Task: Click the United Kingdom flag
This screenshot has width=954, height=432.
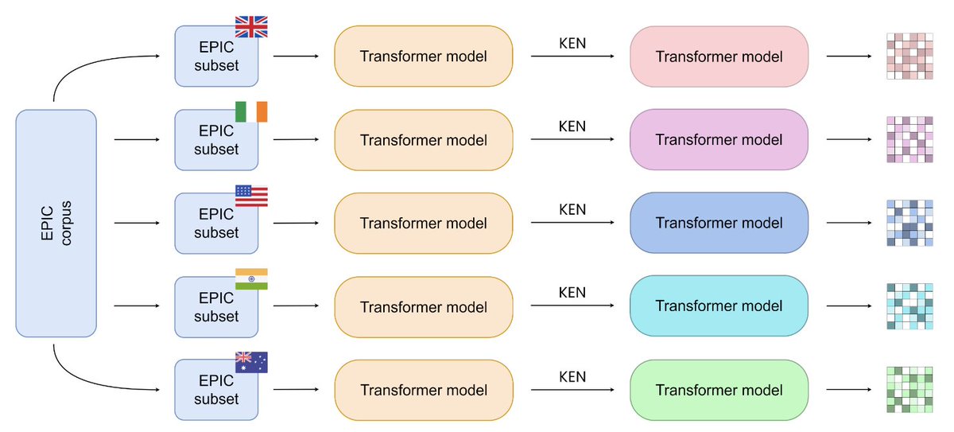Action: (251, 26)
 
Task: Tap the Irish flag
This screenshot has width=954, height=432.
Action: (251, 111)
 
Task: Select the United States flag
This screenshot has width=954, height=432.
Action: (251, 196)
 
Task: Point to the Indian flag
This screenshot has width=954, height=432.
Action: (251, 279)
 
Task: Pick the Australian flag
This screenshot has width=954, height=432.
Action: (251, 362)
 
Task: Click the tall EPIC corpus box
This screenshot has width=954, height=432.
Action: (56, 224)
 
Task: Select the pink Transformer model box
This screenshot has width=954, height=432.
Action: (719, 56)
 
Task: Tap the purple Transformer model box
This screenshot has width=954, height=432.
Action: (719, 139)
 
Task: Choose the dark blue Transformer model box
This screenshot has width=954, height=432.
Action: (719, 223)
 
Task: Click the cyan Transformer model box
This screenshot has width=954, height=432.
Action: (719, 306)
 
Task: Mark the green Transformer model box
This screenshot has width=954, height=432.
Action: (719, 390)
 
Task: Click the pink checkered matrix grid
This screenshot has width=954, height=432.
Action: (909, 56)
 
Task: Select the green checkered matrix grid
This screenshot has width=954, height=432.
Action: (909, 389)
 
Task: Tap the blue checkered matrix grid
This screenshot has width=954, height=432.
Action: (909, 223)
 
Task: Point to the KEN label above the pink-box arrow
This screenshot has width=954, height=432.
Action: (572, 44)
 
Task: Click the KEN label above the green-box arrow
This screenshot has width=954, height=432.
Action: (572, 376)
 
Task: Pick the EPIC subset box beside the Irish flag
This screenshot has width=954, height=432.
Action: (216, 140)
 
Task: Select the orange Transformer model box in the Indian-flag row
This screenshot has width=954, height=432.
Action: (424, 307)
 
